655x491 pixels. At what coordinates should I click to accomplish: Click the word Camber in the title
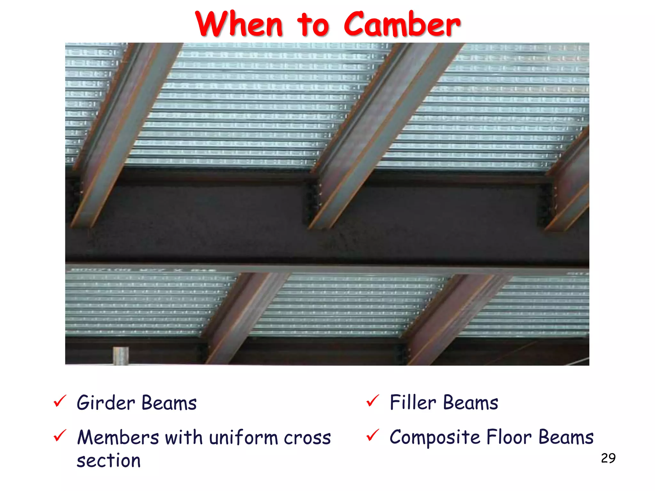pos(402,24)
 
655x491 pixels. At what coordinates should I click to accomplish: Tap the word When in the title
pos(239,24)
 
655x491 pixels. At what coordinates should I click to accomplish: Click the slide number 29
pos(608,458)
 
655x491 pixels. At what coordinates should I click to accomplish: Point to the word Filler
pos(413,402)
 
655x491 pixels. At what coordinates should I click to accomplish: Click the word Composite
pos(435,437)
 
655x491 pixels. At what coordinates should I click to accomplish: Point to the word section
pos(109,461)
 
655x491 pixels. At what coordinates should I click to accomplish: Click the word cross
pos(307,438)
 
